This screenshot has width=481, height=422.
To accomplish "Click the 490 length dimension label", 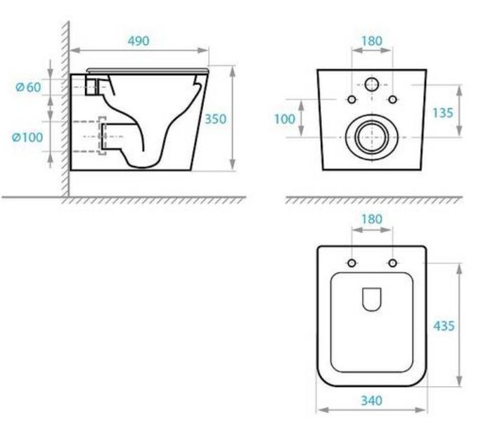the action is click(139, 41).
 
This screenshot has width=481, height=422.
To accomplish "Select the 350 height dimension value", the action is click(215, 119).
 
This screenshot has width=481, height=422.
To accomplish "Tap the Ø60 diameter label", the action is click(28, 87).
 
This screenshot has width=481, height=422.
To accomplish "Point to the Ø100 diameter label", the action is click(27, 137).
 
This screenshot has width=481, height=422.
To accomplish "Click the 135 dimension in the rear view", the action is click(442, 113).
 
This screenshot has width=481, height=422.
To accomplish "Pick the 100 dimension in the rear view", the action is click(284, 119).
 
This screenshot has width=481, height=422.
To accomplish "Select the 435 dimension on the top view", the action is click(444, 326).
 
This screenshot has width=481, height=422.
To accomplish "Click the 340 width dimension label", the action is click(371, 400).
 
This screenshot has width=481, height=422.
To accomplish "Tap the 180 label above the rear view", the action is click(372, 41).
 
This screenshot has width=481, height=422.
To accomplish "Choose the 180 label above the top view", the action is click(372, 219).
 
